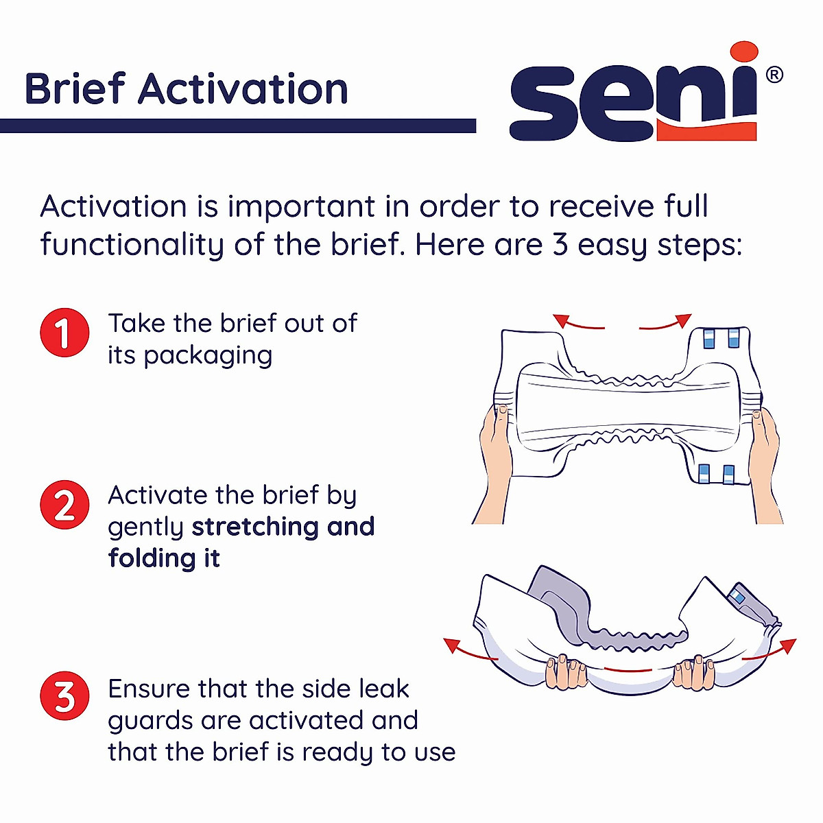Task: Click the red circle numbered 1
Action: point(64,333)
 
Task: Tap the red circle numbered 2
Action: point(64,505)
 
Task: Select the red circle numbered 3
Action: point(64,696)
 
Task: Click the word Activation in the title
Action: point(243,89)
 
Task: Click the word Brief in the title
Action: point(75,89)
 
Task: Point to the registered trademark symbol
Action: point(774,75)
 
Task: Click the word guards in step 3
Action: point(151,721)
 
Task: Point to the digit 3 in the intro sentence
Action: point(560,245)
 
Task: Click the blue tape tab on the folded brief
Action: point(738,596)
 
